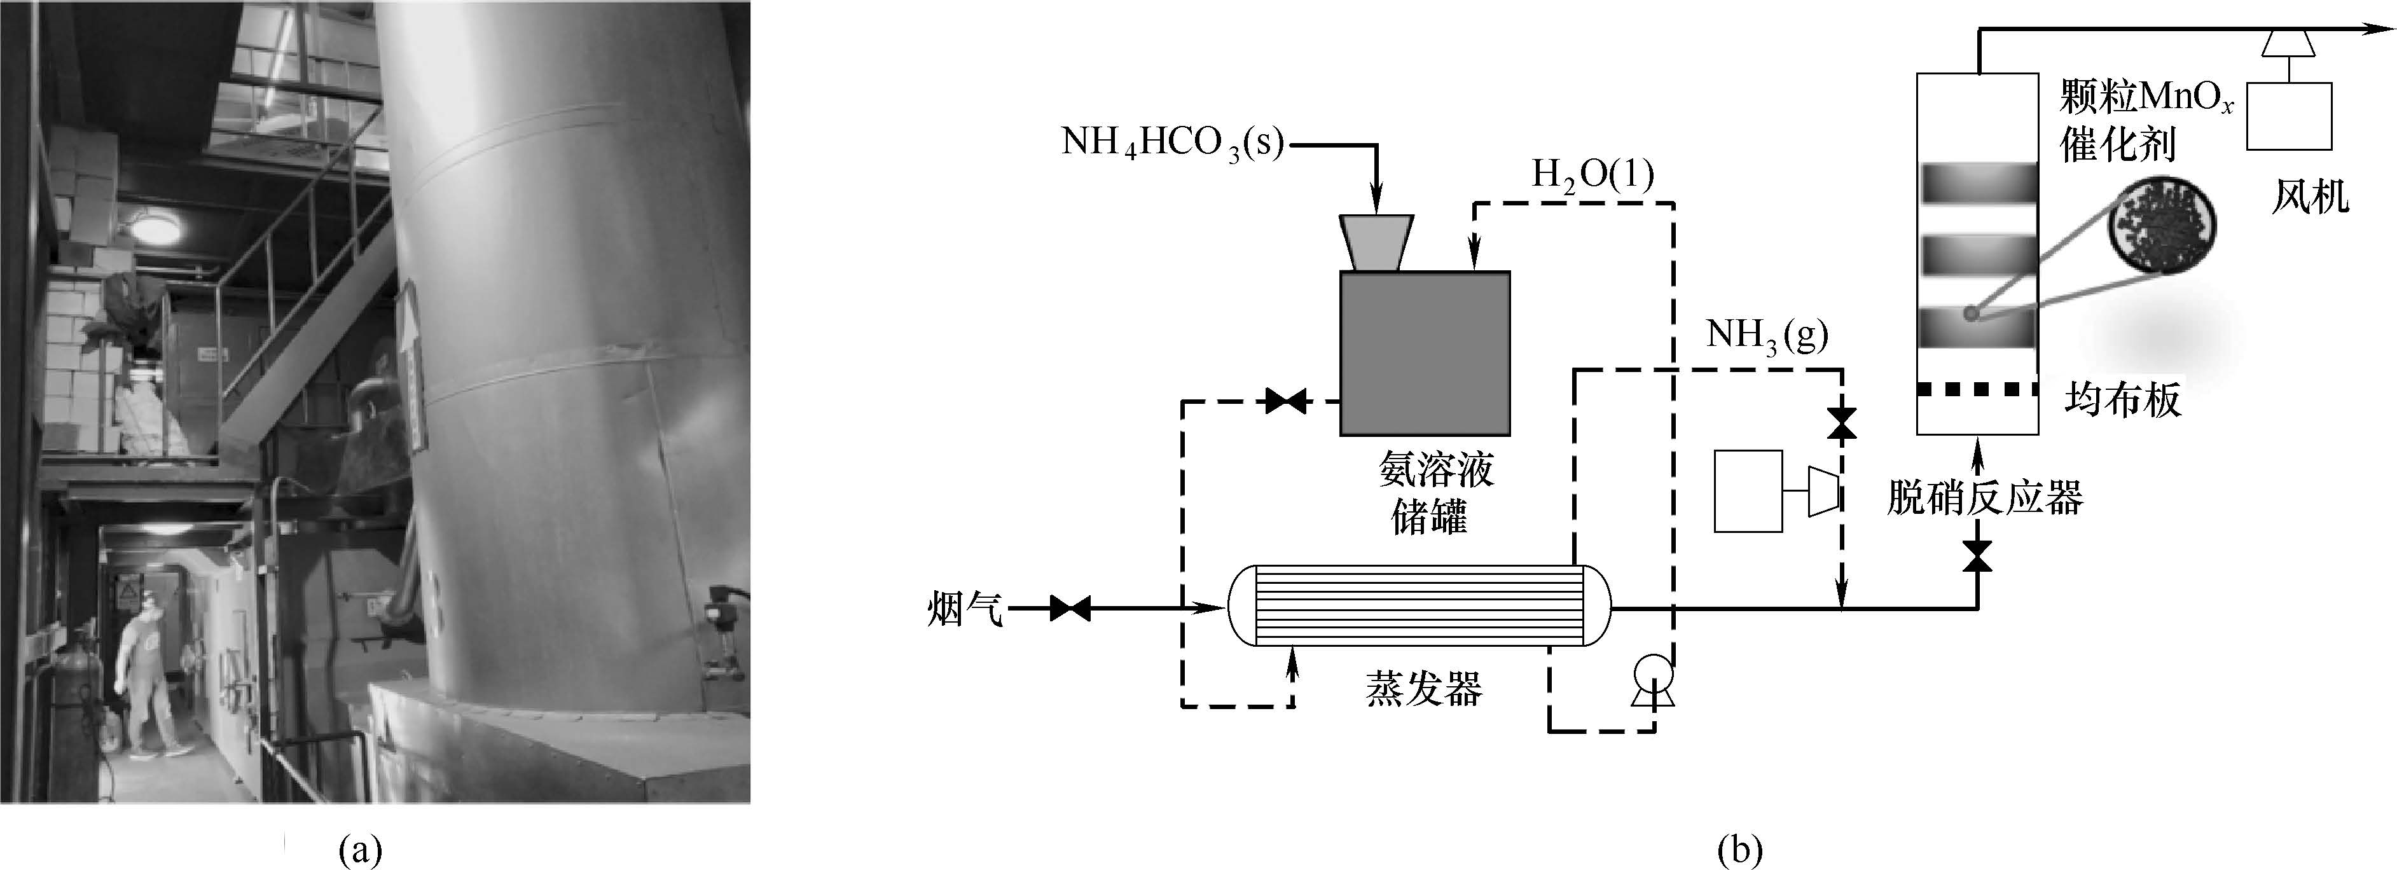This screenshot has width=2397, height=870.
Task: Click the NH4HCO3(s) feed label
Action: pos(1171,143)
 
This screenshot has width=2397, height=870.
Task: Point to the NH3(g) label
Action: pos(1767,336)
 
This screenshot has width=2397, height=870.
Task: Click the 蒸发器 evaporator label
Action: pos(1424,689)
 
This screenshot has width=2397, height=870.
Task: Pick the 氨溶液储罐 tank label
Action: pos(1436,493)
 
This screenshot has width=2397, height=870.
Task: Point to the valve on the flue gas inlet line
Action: pos(1070,609)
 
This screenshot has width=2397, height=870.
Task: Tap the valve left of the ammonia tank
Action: pos(1285,402)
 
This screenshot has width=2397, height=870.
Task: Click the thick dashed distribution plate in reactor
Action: pos(1977,390)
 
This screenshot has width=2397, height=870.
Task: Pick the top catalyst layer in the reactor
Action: pos(1977,183)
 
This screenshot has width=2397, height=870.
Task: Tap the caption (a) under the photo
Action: pos(362,850)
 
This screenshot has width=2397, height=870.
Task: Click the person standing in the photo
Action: pos(149,677)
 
